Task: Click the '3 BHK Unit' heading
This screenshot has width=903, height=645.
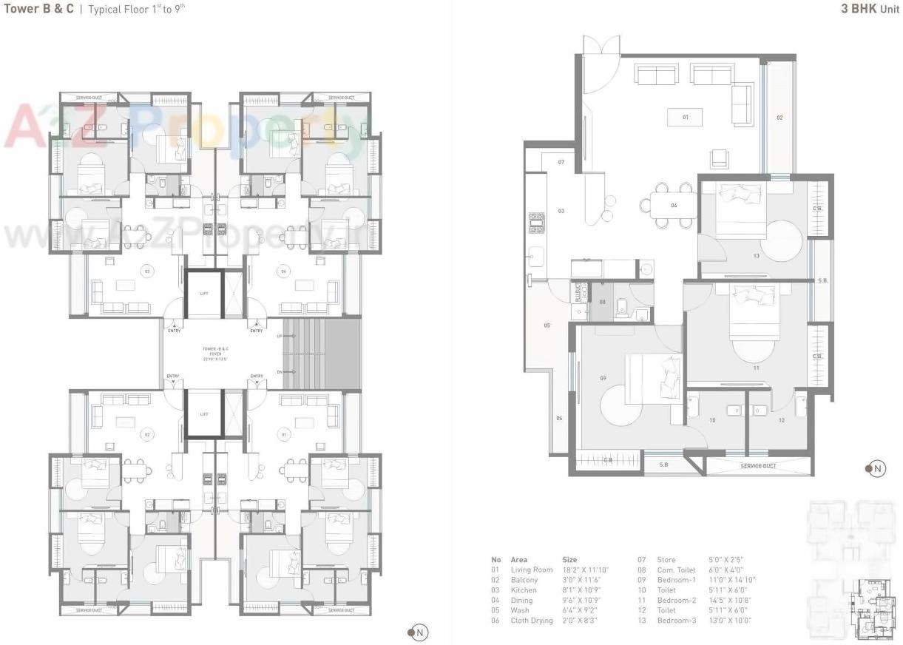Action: click(x=870, y=10)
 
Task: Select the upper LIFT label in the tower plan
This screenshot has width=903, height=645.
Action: click(x=204, y=294)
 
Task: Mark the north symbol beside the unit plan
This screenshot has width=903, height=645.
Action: click(x=876, y=468)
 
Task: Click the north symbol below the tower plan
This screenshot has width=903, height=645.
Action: click(x=418, y=632)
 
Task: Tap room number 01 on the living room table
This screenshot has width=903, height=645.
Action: click(x=685, y=117)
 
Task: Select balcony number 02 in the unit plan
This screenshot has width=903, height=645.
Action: click(x=779, y=118)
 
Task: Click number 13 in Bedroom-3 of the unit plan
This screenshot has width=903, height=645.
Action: click(x=756, y=256)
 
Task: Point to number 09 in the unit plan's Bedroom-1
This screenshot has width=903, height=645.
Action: click(x=603, y=379)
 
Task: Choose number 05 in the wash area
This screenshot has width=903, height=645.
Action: click(x=547, y=325)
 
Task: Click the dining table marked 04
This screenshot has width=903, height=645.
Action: click(x=674, y=205)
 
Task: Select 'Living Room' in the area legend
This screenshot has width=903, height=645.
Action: click(x=531, y=570)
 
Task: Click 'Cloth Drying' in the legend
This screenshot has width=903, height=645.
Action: click(x=531, y=621)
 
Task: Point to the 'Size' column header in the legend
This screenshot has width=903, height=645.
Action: click(x=569, y=560)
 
